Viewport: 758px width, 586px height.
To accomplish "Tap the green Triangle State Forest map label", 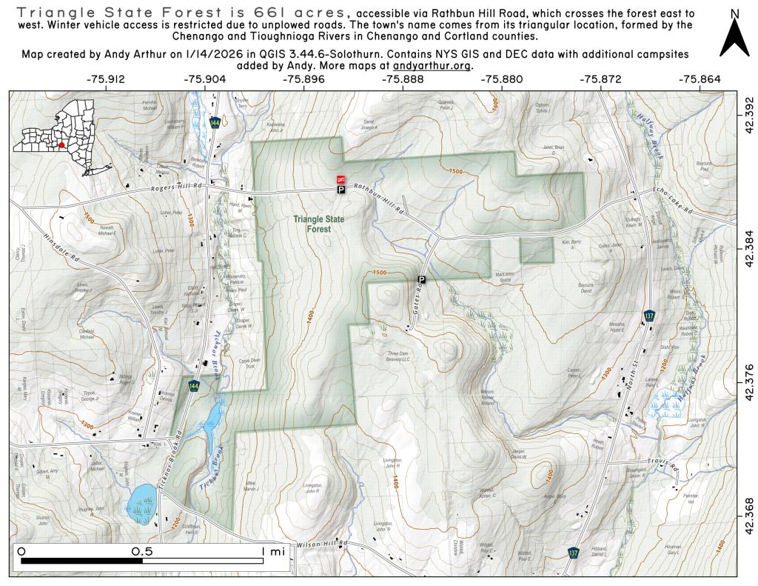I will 318,224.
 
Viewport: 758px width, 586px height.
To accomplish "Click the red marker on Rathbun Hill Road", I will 341,179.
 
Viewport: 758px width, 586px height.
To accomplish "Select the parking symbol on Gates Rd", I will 421,279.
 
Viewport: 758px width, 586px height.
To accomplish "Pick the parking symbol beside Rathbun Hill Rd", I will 341,190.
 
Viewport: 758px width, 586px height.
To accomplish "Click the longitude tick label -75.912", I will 106,79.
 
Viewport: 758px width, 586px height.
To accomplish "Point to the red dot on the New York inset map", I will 64,144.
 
